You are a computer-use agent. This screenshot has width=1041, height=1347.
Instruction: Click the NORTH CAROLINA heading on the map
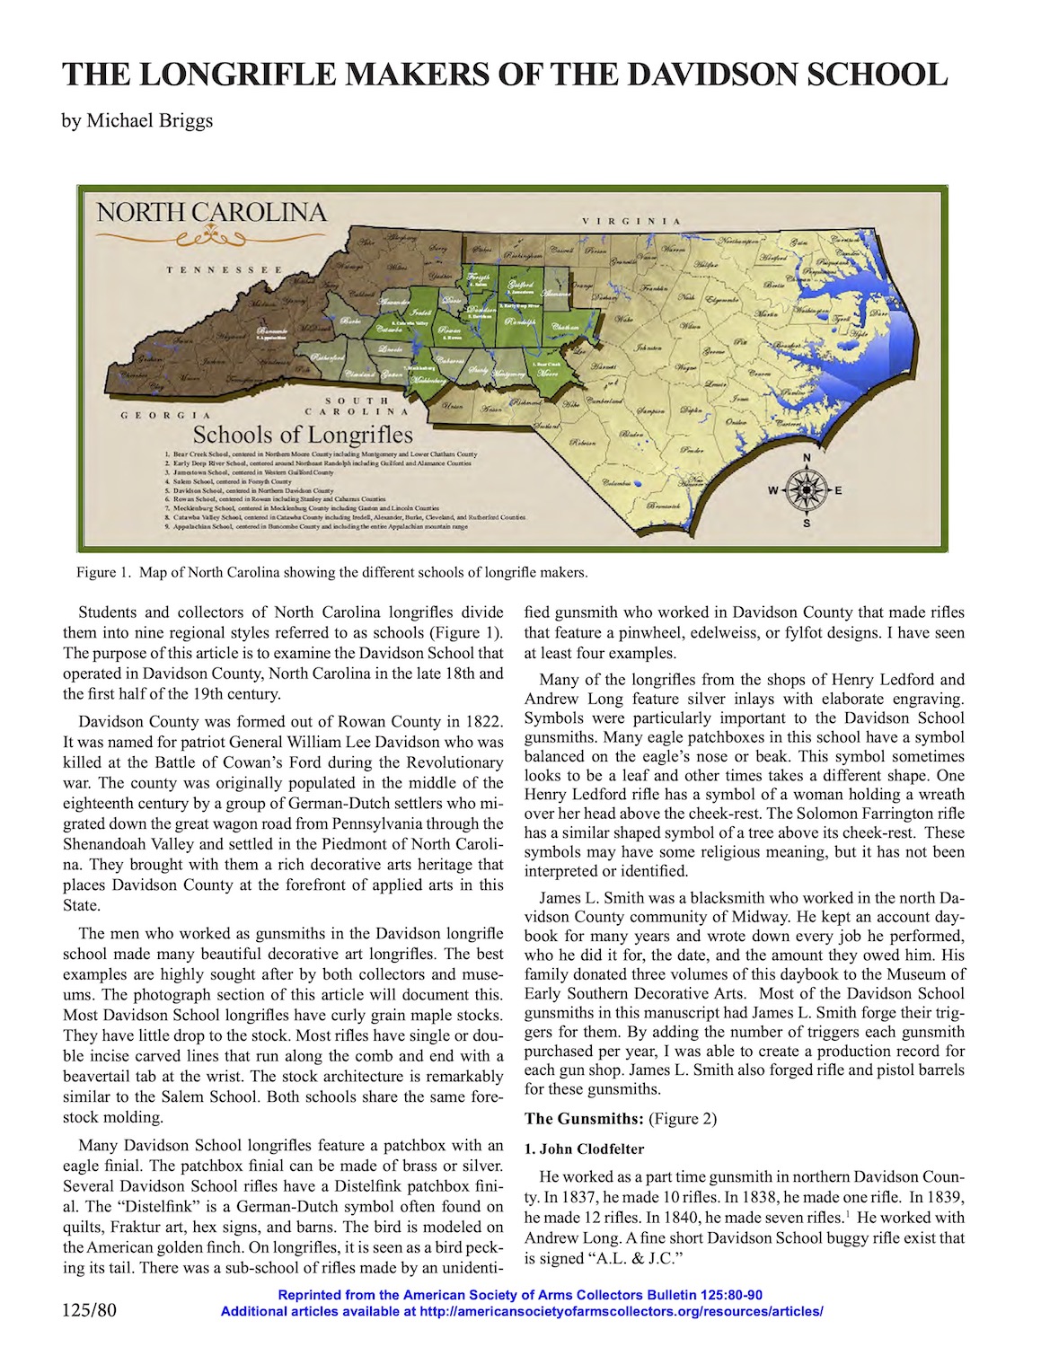coord(211,213)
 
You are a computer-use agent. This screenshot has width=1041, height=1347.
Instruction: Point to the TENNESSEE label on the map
coord(225,269)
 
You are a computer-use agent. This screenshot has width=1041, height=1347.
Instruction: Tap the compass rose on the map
coord(805,490)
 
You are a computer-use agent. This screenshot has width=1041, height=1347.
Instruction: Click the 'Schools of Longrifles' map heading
coord(303,436)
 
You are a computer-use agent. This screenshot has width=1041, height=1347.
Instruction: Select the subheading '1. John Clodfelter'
coord(584,1149)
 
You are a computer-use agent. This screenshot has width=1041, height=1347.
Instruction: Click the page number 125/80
coord(90,1310)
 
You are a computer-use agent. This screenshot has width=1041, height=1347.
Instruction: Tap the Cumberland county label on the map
coord(585,400)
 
